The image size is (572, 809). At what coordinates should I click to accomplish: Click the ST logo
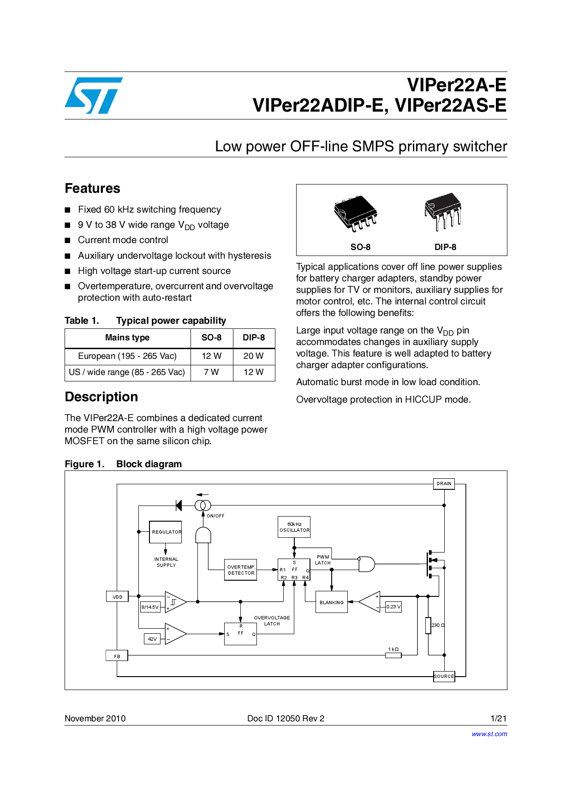point(94,95)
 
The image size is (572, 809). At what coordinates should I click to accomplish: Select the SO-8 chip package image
point(356,213)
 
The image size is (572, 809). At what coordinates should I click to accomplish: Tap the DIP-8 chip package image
point(443,211)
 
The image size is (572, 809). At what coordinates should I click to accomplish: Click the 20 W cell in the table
point(253,356)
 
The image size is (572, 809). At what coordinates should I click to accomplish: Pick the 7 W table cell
point(211,372)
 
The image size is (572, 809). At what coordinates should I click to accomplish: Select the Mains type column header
point(127,338)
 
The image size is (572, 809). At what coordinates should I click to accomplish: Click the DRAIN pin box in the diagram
point(444,484)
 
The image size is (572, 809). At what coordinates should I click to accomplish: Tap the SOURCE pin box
point(444,677)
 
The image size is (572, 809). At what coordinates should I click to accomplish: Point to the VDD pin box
point(117,597)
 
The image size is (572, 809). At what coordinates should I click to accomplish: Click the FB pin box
point(117,656)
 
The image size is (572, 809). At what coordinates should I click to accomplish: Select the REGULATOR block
point(166,532)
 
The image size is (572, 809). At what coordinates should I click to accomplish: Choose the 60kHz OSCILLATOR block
point(294,527)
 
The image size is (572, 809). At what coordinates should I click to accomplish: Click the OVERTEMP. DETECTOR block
point(241,570)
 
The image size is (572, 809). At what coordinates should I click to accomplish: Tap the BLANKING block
point(331,602)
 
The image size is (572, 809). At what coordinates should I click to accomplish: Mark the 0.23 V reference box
point(393,607)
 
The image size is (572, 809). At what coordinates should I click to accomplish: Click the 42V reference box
point(152,639)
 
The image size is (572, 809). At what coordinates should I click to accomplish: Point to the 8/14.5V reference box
point(150,607)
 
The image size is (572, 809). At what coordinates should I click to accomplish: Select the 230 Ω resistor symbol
point(428,625)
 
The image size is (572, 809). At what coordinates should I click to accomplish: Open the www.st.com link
point(489,734)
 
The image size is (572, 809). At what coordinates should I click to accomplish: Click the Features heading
point(92,189)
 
